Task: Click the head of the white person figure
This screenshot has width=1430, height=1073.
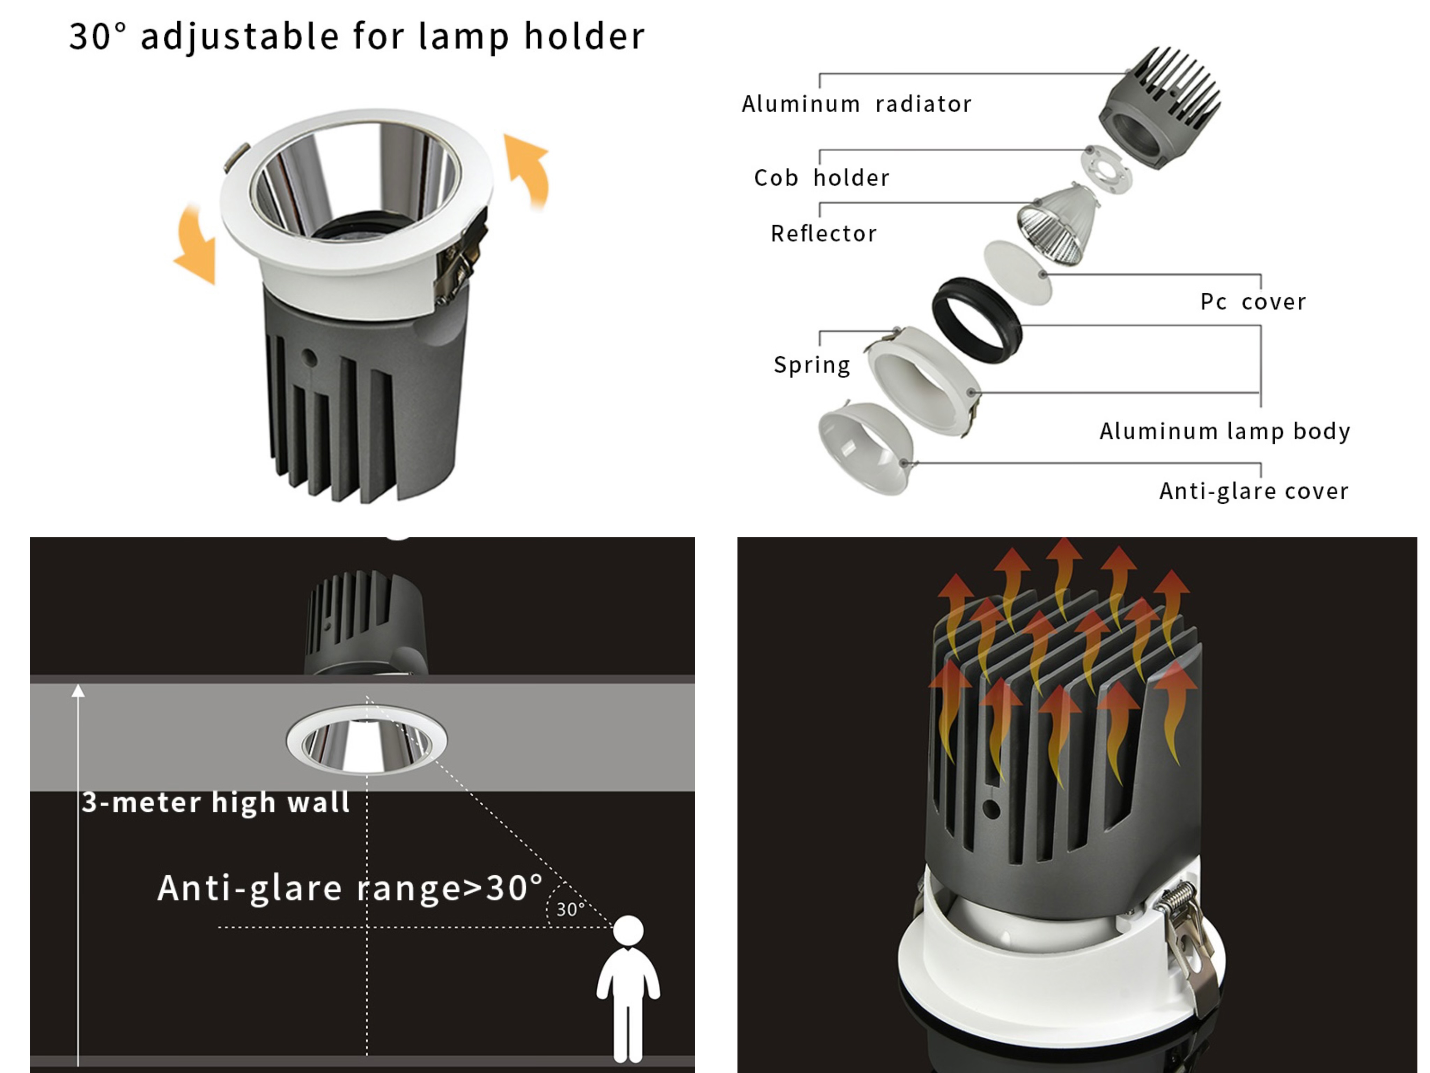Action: pyautogui.click(x=628, y=930)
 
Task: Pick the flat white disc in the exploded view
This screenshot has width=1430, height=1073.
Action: pyautogui.click(x=1018, y=272)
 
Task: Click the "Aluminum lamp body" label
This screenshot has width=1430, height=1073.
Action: pyautogui.click(x=1225, y=431)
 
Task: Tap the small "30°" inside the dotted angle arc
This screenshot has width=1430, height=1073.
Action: pyautogui.click(x=570, y=910)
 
